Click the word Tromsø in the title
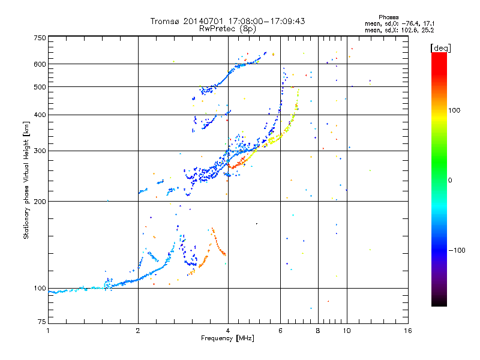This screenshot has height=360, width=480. pos(164,21)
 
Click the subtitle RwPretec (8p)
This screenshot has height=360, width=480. pos(227,29)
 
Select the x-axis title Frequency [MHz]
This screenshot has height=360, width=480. pos(227,338)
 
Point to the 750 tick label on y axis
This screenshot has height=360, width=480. pos(40,38)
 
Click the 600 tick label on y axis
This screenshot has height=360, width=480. pos(40,64)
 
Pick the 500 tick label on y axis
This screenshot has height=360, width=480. pos(40,87)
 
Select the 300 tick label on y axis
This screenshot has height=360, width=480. pos(40,151)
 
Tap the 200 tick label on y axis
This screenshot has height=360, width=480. pos(40,202)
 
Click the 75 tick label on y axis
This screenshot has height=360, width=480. pos(42,322)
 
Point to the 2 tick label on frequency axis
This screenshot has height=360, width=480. pos(138,331)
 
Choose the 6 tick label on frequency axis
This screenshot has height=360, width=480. pos(280,331)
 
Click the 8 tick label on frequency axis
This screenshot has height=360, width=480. pos(318,331)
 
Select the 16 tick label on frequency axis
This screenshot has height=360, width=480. pos(408,331)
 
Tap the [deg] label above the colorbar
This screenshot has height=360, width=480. pos(440,48)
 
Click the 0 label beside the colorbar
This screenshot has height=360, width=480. pos(450,180)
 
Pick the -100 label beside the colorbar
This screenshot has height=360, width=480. pos(457,250)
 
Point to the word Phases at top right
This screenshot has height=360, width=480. pos(389,17)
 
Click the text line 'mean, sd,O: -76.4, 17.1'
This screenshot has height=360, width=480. pos(400,23)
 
